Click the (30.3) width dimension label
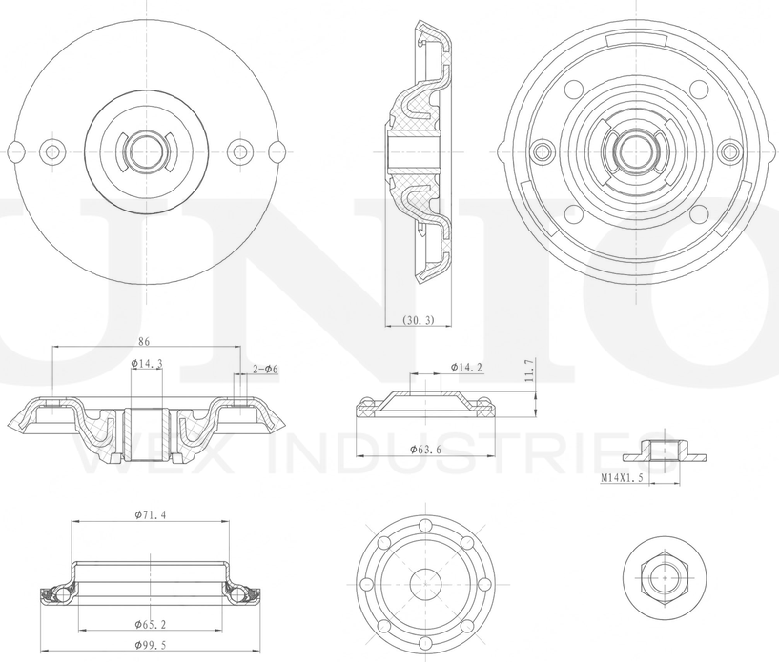tap(418, 320)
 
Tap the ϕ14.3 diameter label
tap(146, 363)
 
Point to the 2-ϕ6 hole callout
tap(265, 369)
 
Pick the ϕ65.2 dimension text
tap(153, 624)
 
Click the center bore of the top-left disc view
tap(146, 150)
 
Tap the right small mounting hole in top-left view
tap(240, 150)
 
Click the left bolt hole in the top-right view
tap(543, 150)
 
